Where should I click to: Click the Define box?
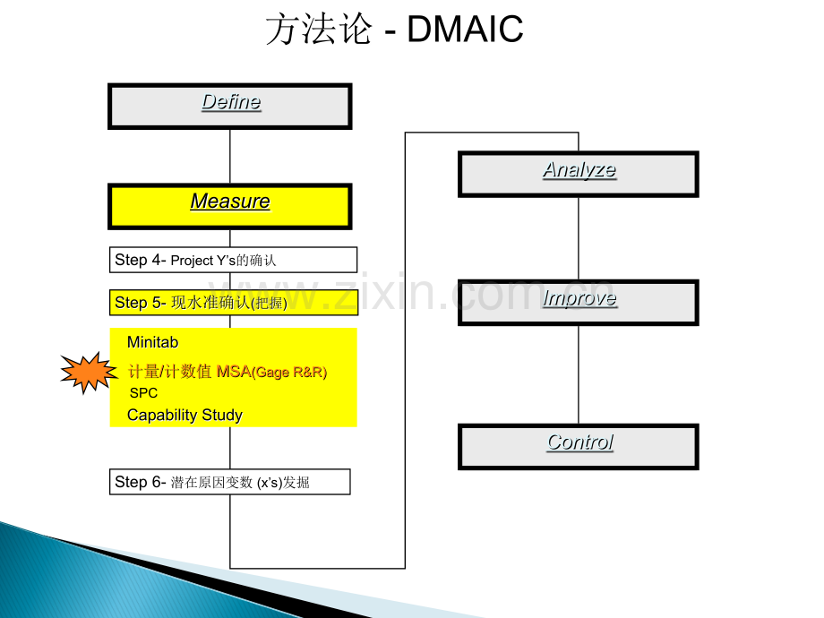click(229, 106)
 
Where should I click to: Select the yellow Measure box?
click(229, 206)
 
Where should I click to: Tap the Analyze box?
click(578, 174)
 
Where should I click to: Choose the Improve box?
click(578, 302)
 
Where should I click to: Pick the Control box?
click(578, 446)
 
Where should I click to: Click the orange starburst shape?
click(88, 373)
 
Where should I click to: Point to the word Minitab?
click(153, 342)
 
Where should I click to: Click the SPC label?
click(143, 393)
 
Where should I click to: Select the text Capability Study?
click(185, 415)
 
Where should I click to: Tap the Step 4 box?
click(233, 260)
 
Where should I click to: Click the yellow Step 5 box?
click(233, 303)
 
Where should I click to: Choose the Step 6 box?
click(229, 482)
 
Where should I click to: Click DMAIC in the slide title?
click(465, 30)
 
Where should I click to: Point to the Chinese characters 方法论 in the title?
click(318, 30)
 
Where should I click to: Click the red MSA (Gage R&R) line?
click(227, 372)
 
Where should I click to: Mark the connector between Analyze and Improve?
click(578, 238)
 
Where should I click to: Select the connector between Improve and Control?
click(578, 373)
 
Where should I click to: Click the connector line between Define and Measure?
click(230, 157)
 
